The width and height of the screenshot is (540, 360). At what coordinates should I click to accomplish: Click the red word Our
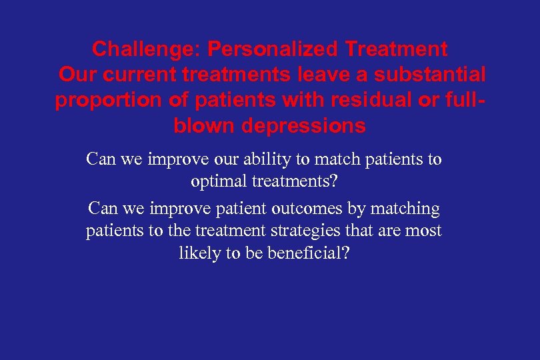click(79, 75)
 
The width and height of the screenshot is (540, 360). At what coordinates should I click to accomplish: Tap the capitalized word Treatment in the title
click(396, 49)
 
